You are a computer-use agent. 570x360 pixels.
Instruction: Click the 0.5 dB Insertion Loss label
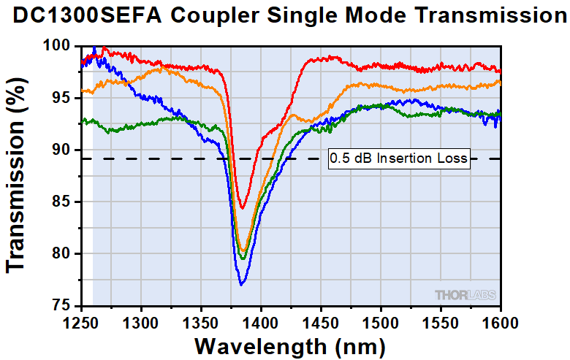point(398,158)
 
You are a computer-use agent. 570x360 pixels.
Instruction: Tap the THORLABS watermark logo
point(465,295)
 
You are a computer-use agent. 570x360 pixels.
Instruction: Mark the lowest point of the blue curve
point(241,284)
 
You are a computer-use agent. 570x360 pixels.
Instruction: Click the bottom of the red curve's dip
point(243,208)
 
